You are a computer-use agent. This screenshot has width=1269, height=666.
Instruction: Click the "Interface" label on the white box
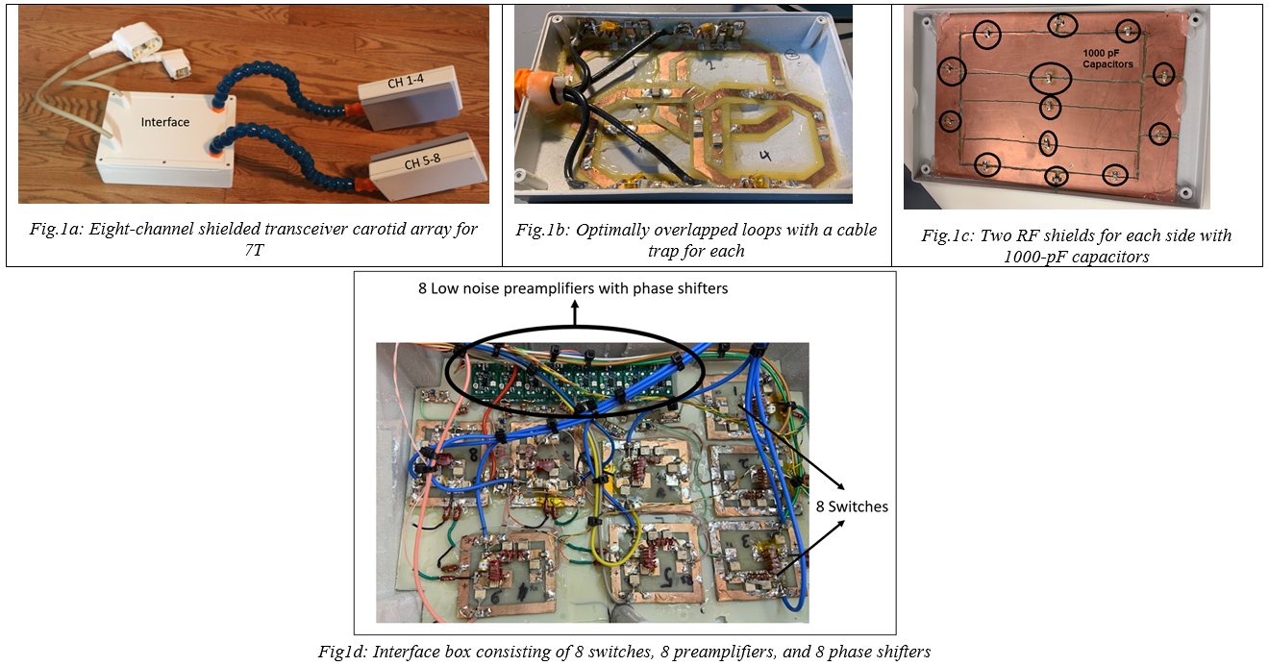tap(164, 122)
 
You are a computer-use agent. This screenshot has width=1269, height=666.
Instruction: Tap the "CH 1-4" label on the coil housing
tap(406, 82)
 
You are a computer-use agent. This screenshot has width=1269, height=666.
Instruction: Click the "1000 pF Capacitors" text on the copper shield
tap(1107, 59)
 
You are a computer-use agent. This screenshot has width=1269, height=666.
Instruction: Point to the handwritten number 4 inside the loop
tap(765, 155)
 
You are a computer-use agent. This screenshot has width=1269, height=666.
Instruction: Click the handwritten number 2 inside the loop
tap(710, 65)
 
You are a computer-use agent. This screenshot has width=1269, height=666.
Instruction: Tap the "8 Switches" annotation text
tap(852, 506)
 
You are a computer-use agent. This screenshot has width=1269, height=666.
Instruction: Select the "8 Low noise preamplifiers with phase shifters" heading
tap(573, 288)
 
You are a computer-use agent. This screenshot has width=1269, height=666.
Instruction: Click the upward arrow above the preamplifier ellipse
tap(575, 313)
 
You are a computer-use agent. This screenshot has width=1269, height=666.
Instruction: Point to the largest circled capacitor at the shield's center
tap(1050, 78)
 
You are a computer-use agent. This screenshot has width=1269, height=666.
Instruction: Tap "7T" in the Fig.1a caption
tap(255, 250)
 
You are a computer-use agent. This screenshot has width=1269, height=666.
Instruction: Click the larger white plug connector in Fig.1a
tap(137, 41)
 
